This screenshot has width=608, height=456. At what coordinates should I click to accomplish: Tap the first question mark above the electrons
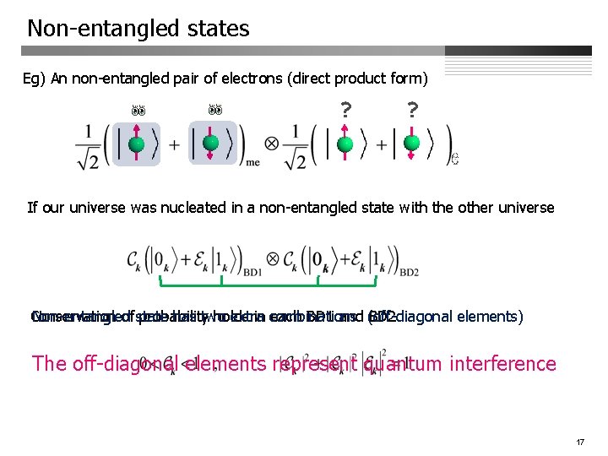pos(345,111)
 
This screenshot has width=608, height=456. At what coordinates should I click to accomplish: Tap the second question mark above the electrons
pos(411,111)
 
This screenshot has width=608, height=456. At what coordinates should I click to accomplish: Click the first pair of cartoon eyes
pos(137,110)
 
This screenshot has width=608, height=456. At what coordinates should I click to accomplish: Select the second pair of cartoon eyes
pos(215,110)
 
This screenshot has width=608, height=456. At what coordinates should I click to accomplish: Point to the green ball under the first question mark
pos(345,144)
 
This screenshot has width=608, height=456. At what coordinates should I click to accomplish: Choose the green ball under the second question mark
pos(411,144)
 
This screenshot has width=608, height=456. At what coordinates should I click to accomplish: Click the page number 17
pos(580,442)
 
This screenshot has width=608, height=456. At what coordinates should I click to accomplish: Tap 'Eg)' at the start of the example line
pos(35,79)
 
